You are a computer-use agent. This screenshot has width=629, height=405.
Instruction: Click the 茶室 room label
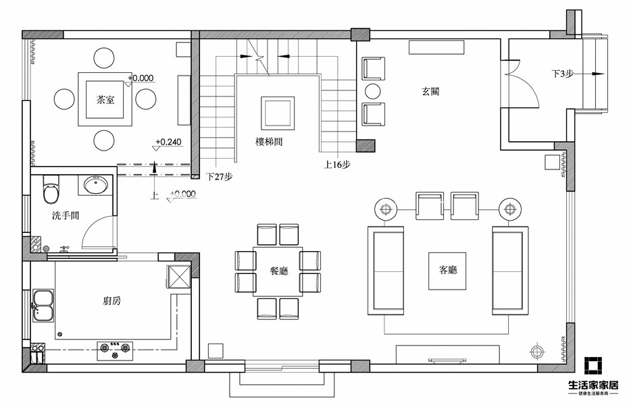coord(105,99)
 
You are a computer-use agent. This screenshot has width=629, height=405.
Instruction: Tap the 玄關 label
coord(430,91)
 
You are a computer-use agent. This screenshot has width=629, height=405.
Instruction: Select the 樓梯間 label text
coord(269,141)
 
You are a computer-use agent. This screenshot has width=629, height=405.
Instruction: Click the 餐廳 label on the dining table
coord(279,271)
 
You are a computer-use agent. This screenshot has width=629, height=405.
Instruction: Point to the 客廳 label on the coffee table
coord(448,269)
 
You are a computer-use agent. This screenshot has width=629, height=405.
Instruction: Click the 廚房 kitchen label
coord(111,300)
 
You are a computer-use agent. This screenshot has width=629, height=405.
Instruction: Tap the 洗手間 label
coord(66,215)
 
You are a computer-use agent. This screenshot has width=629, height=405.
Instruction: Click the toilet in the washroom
coord(51,189)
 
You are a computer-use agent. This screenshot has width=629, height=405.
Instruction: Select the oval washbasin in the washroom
coord(96,184)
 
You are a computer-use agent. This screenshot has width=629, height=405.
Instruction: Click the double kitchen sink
coord(43,305)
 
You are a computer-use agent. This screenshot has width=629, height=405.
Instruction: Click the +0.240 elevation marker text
coord(168,142)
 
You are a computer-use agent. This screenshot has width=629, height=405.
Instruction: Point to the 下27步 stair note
coord(220,177)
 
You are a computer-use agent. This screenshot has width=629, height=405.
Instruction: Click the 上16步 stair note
coord(337,164)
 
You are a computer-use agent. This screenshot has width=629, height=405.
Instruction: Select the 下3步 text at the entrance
coord(562,74)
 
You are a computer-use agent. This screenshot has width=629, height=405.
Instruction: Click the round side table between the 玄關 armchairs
coord(373,91)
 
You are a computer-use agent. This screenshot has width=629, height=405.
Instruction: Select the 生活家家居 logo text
coord(593,385)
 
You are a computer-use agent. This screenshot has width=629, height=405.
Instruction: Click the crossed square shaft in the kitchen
coord(178,276)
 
